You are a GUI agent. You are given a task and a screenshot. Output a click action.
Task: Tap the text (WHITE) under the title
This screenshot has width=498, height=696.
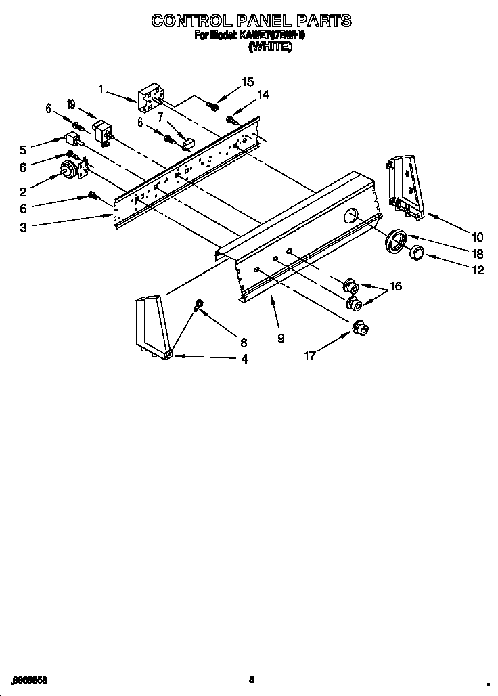(270, 47)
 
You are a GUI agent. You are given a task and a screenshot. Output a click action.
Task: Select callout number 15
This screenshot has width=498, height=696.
(248, 82)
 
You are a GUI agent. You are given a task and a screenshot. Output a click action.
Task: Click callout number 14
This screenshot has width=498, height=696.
(263, 95)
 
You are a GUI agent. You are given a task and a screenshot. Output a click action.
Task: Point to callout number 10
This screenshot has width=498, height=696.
(477, 236)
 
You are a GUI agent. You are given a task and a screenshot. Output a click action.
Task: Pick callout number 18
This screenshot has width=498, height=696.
(477, 253)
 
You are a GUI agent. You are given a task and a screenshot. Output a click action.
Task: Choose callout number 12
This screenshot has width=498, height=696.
(478, 269)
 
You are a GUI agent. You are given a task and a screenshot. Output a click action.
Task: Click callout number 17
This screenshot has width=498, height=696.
(309, 356)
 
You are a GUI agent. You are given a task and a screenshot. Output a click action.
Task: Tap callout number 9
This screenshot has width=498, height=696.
(280, 338)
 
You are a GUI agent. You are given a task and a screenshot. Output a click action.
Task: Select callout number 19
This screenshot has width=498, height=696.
(71, 104)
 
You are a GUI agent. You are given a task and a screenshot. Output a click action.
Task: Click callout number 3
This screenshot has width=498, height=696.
(23, 228)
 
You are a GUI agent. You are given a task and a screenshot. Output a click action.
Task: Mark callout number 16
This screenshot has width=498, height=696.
(395, 286)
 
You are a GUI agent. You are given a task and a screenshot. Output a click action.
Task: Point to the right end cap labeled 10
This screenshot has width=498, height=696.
(405, 186)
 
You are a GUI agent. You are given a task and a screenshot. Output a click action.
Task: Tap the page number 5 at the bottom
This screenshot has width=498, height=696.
(251, 680)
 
